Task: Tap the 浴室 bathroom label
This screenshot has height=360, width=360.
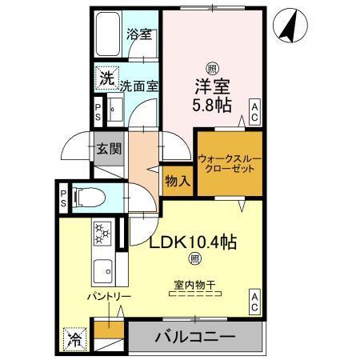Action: coord(140,35)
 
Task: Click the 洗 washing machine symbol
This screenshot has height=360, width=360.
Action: coord(106,79)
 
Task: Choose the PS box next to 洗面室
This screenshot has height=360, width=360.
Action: coord(98,110)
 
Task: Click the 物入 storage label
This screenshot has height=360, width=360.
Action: coord(178,181)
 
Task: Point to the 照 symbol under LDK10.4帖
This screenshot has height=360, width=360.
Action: coord(194,258)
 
